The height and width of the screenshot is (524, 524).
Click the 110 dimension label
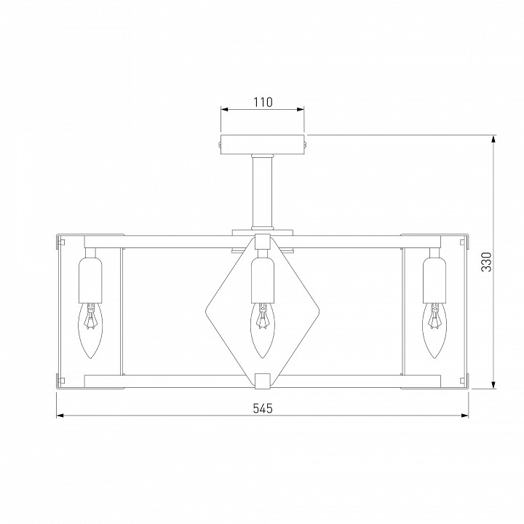coord(263,102)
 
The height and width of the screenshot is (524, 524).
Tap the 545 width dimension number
coord(263,408)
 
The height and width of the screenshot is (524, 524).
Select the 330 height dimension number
coord(487,262)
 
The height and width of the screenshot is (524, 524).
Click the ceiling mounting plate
coord(263,144)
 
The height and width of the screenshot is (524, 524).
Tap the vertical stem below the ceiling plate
coord(263,191)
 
